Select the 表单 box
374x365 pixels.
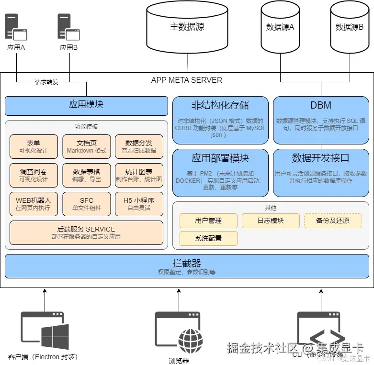pyautogui.click(x=34, y=146)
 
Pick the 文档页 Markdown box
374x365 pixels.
pyautogui.click(x=87, y=146)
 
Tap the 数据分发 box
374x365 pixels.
pyautogui.click(x=139, y=146)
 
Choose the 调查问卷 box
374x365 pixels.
pyautogui.click(x=34, y=176)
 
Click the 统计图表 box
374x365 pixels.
pyautogui.click(x=139, y=176)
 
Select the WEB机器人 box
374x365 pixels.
pyautogui.click(x=34, y=204)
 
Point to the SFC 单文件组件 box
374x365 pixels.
pyautogui.click(x=87, y=204)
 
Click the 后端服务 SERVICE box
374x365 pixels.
pyautogui.click(x=86, y=232)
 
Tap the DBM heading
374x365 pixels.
pyautogui.click(x=321, y=105)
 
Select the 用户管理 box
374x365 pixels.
pyautogui.click(x=208, y=221)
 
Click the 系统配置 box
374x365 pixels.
pyautogui.click(x=208, y=238)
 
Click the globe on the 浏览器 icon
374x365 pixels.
pyautogui.click(x=190, y=341)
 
